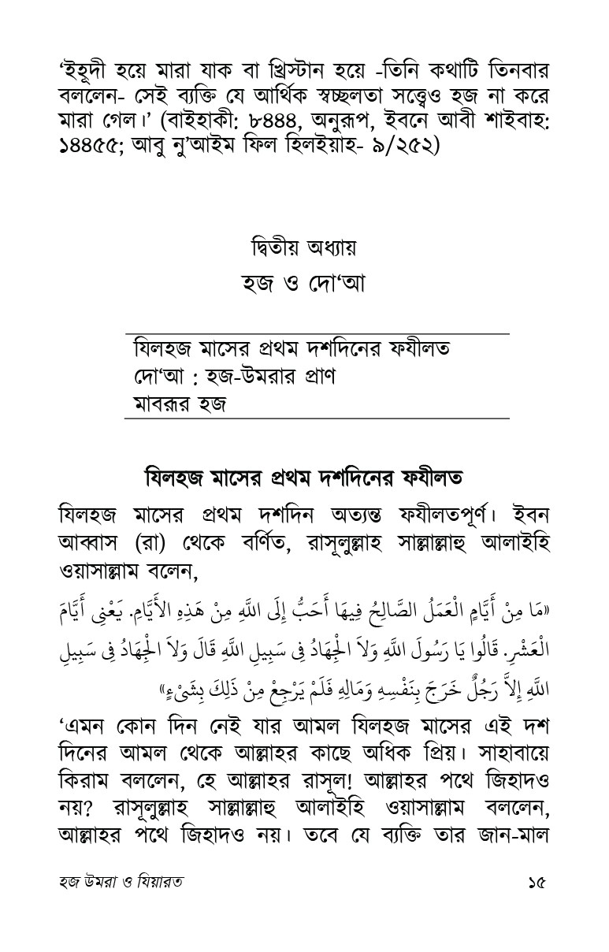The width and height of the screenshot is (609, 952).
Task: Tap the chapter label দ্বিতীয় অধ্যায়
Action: [304, 249]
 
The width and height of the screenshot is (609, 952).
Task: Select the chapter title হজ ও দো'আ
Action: [303, 283]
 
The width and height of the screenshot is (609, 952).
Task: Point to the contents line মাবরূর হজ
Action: [180, 407]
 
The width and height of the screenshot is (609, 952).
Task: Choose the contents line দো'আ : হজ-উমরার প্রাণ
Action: [235, 377]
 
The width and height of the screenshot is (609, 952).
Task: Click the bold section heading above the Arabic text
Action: [303, 477]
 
